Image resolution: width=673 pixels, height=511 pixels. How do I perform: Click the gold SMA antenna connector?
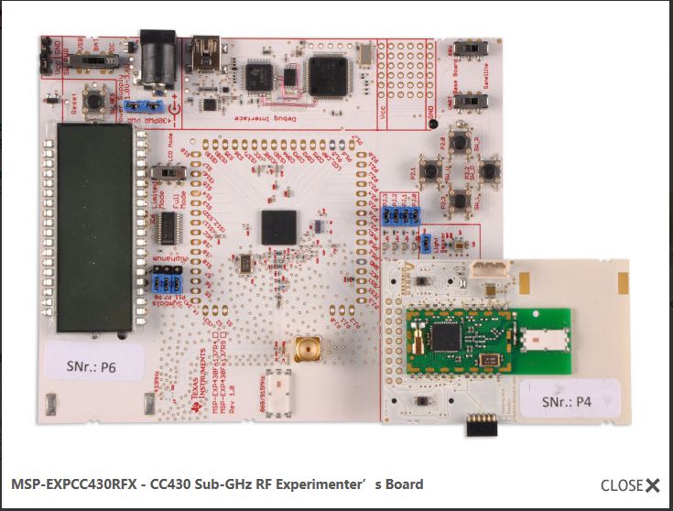coord(305,350)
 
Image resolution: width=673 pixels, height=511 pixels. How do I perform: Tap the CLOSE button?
coord(630,485)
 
